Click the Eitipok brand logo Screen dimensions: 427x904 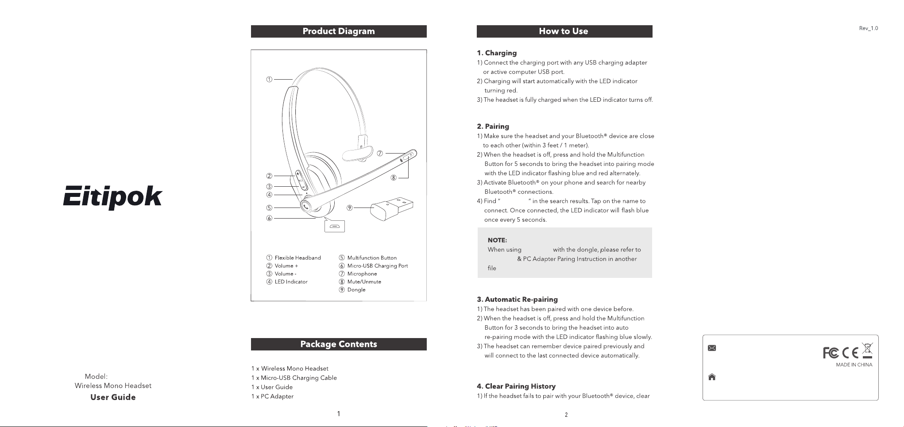click(113, 197)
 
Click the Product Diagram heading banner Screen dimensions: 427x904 click(339, 31)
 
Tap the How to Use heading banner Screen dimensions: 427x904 click(564, 31)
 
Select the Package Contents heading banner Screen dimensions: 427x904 click(339, 344)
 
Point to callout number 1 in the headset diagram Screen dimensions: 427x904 click(269, 80)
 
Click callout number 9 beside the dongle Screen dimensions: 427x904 click(350, 208)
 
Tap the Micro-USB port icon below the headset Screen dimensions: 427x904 click(335, 226)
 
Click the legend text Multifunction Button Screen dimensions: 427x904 click(372, 258)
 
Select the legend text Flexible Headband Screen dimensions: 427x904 click(297, 258)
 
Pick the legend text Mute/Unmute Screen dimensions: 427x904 click(364, 282)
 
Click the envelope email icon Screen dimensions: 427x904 click(712, 348)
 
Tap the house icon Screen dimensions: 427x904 click(712, 377)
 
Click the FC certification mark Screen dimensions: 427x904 click(831, 353)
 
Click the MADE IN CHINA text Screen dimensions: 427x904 click(854, 365)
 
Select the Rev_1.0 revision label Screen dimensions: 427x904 click(869, 28)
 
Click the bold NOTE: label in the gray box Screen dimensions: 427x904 click(497, 240)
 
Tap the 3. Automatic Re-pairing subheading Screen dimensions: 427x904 click(517, 300)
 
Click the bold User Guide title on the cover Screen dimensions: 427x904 click(113, 397)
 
